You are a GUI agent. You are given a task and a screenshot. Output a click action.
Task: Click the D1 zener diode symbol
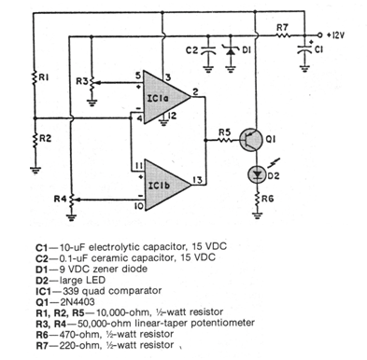[231, 49]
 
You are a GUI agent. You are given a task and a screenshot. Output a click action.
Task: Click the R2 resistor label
[43, 138]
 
